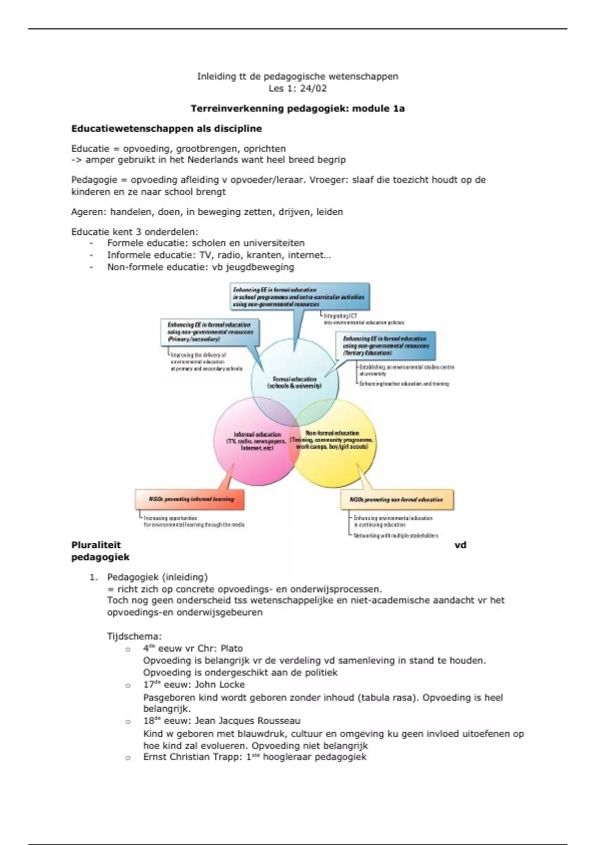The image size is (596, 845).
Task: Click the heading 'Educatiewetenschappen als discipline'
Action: (x=166, y=129)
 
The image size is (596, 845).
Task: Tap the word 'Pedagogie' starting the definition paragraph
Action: (x=93, y=180)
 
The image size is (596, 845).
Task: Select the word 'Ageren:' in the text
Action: (x=88, y=212)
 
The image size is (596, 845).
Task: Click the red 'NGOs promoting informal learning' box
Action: (x=190, y=499)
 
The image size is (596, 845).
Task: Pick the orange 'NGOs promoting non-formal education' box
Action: (x=397, y=500)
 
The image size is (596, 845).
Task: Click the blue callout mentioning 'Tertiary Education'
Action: (x=386, y=345)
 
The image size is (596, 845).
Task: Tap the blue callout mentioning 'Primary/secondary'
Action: (x=210, y=332)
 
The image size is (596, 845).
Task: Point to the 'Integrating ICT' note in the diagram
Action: (x=340, y=316)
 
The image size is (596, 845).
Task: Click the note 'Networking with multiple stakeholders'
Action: (x=396, y=536)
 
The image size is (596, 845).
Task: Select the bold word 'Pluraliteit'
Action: (x=96, y=545)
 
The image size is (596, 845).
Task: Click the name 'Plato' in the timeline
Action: (x=231, y=649)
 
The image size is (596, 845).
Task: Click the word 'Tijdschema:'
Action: (x=134, y=637)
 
